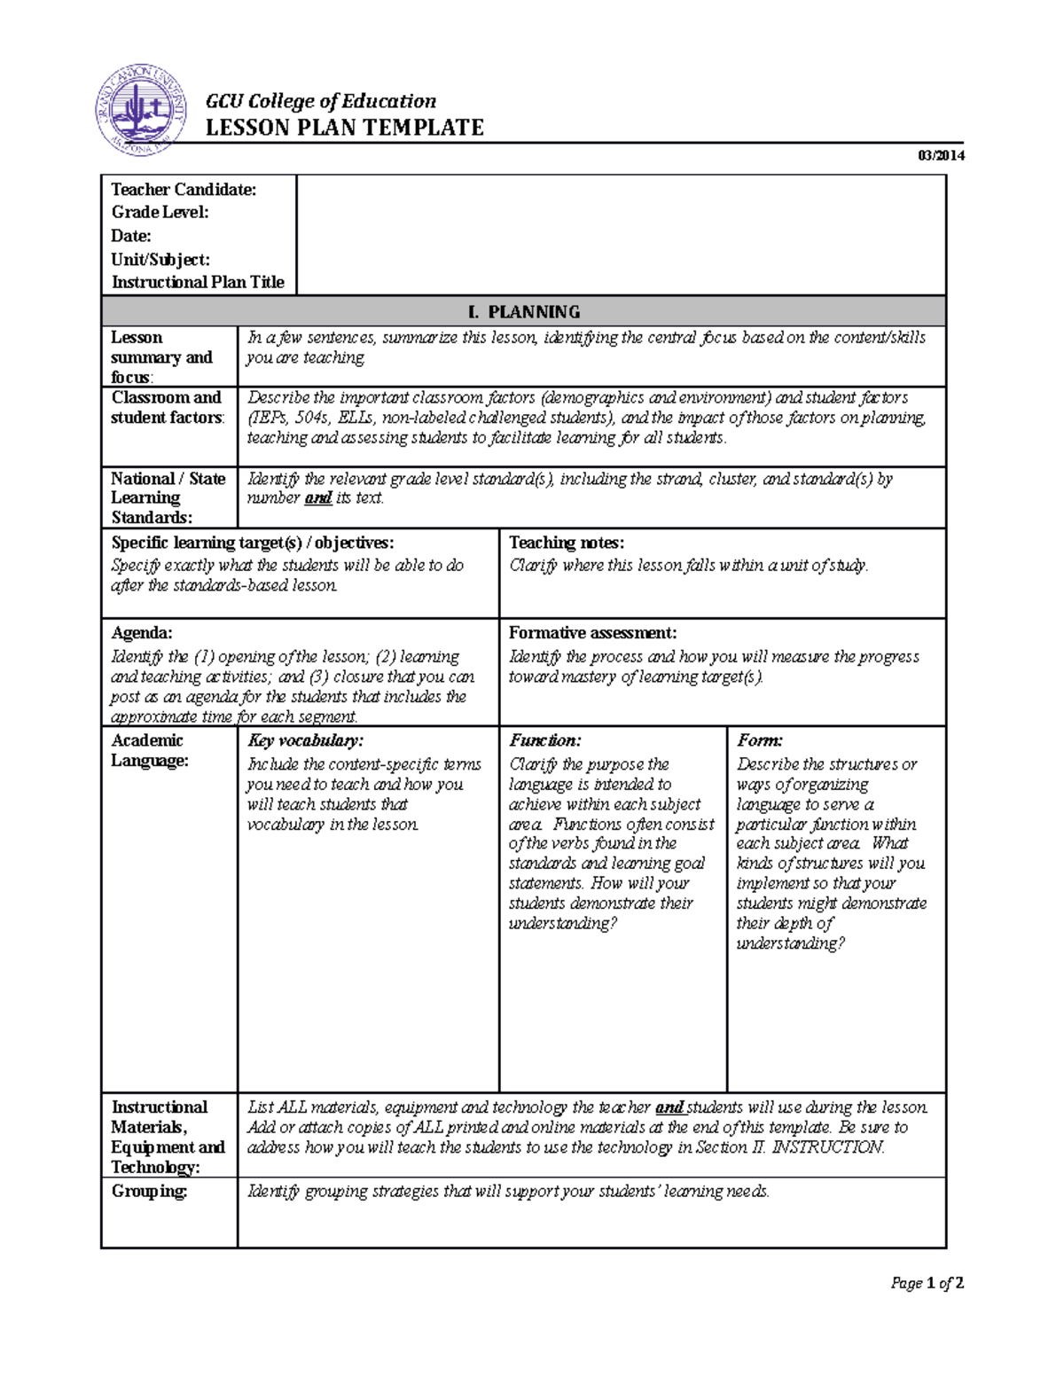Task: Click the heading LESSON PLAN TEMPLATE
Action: (x=344, y=128)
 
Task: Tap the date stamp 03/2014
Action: (x=941, y=156)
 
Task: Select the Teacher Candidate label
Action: (x=184, y=190)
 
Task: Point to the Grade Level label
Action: (x=160, y=212)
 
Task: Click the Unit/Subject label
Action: (x=160, y=260)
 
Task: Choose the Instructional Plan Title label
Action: (x=198, y=282)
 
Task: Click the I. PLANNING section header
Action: (x=523, y=312)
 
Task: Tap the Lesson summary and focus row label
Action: (x=161, y=357)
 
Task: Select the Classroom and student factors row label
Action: (x=167, y=408)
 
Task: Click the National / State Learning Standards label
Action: (x=168, y=497)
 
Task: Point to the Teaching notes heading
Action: (x=566, y=543)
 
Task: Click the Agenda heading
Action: (x=142, y=633)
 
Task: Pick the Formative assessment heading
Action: (x=592, y=633)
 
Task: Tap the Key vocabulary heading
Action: (x=305, y=740)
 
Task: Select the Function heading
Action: (x=544, y=740)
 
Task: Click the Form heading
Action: (x=759, y=740)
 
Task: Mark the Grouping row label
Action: (x=149, y=1191)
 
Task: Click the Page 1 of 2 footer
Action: (x=927, y=1283)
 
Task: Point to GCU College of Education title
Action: (x=321, y=101)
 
